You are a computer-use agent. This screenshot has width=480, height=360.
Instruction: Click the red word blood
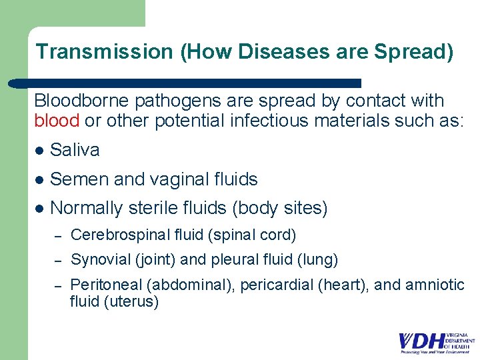click(57, 121)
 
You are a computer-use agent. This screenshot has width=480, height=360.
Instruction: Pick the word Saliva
click(75, 150)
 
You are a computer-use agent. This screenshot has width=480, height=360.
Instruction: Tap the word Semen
click(77, 179)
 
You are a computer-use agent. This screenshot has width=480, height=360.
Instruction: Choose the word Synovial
click(98, 259)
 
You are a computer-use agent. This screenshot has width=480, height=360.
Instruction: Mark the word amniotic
click(435, 285)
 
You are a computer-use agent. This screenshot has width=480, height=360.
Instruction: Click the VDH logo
click(437, 341)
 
